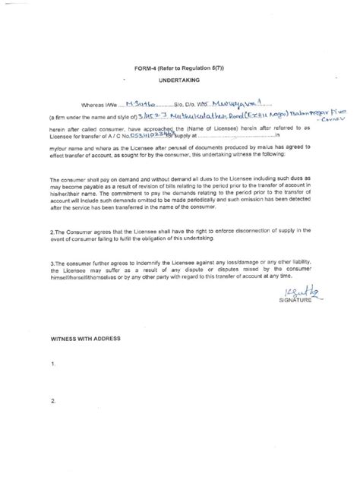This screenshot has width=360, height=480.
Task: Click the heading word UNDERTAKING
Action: point(180,78)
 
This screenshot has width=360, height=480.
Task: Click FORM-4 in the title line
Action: point(136,65)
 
